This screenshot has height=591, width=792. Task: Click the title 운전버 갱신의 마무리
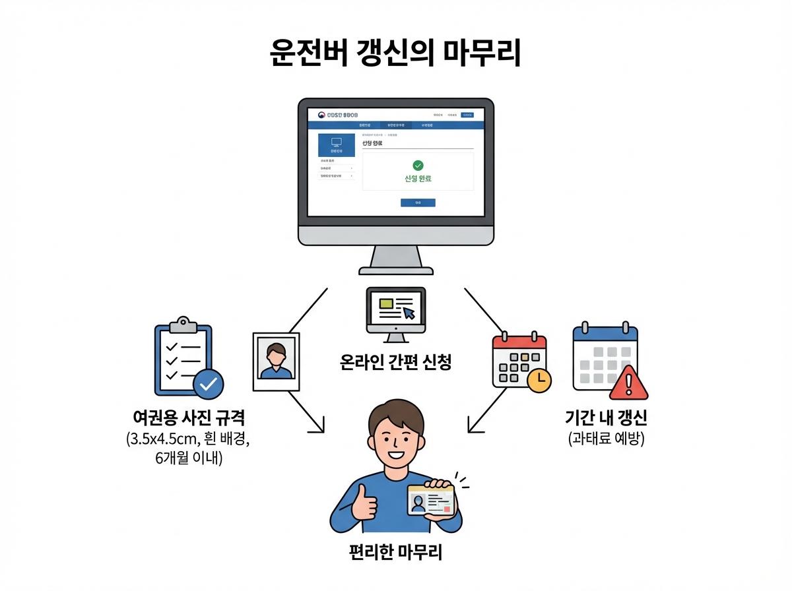coord(395,53)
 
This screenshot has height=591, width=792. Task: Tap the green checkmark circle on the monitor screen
coord(418,166)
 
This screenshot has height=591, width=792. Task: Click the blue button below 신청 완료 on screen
coord(418,202)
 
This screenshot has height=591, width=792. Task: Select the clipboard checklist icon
coord(183,356)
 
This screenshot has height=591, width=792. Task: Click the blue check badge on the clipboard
coord(208,383)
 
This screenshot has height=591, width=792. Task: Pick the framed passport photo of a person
coord(276,361)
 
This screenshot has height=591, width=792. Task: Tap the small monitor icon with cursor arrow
coord(396,314)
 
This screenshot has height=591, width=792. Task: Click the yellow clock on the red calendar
coord(539,379)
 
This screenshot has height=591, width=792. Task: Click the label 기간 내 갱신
coord(606,418)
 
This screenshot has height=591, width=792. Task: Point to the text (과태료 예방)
coord(606,439)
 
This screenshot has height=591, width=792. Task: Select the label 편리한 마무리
coord(395,552)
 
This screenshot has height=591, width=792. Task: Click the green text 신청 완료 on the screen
coord(418,179)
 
